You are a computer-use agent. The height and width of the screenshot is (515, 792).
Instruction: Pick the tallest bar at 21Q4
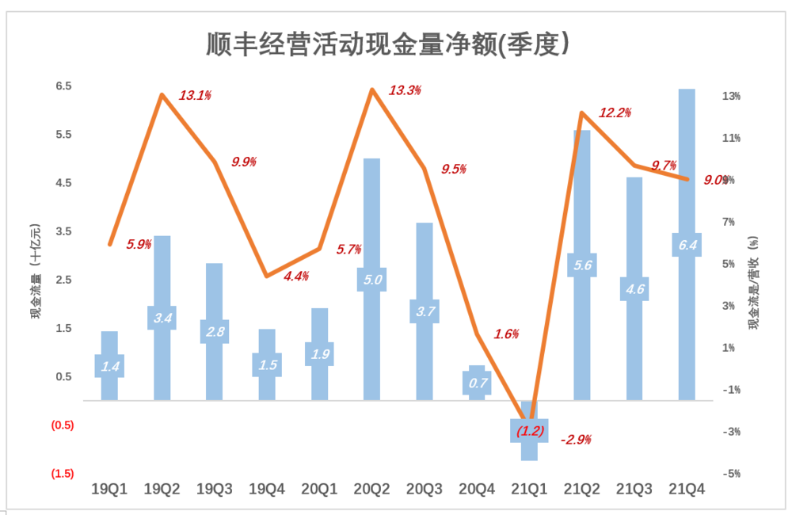click(686, 158)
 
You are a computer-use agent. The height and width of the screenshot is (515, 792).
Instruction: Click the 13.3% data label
click(405, 90)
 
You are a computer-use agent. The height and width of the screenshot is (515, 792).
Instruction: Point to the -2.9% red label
click(576, 439)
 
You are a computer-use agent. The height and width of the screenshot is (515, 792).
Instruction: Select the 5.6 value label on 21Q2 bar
click(582, 265)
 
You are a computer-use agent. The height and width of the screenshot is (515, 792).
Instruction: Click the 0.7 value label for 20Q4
click(478, 383)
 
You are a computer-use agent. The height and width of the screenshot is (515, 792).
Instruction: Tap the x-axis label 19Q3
click(214, 489)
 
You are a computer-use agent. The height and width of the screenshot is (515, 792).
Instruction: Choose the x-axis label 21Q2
click(581, 489)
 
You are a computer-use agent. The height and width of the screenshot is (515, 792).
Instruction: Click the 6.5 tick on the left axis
click(63, 86)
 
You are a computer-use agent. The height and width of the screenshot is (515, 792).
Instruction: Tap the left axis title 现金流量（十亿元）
click(36, 269)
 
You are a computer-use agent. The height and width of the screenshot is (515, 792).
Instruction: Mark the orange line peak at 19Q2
click(162, 95)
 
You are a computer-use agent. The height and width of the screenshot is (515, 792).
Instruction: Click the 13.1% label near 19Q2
click(195, 95)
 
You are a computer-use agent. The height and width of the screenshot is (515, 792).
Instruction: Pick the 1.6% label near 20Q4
click(506, 334)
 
